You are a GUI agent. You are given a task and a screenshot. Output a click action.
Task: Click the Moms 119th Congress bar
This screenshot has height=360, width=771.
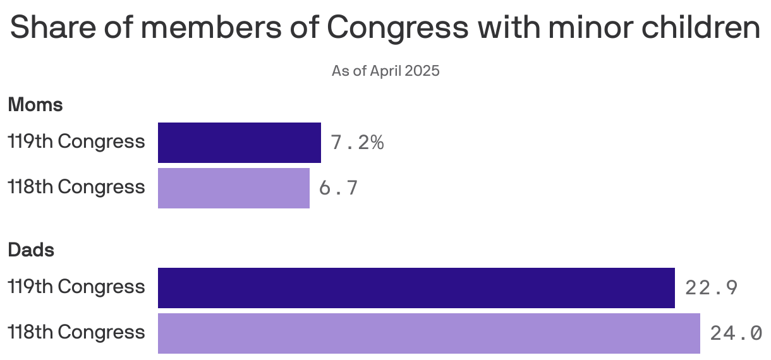point(239,143)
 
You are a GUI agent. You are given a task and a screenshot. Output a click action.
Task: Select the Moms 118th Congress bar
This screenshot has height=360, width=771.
point(233,188)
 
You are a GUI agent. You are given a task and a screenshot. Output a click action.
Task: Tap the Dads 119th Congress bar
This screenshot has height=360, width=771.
point(416,288)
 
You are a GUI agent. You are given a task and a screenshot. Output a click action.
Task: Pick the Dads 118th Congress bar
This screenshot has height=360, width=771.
point(428,333)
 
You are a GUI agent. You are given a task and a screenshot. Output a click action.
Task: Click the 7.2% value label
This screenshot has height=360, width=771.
point(357,143)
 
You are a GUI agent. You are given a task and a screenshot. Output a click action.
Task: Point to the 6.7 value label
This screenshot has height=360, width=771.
point(339,188)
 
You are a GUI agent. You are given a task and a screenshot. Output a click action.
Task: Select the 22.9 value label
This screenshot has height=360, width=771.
point(712,288)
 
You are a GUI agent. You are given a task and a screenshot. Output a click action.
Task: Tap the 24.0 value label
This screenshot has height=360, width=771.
point(736,333)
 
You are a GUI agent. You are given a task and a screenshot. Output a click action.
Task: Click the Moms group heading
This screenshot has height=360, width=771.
point(35,105)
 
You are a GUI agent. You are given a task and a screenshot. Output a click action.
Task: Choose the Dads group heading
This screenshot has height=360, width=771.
point(31,250)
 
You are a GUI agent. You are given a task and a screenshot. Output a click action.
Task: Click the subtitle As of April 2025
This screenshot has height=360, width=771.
point(385,71)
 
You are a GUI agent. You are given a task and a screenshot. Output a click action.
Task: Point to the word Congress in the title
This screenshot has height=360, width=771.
point(398,28)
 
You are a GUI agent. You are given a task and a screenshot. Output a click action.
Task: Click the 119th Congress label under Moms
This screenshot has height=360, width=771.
point(76,142)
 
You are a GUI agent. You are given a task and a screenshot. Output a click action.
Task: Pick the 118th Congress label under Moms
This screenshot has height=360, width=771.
point(76,188)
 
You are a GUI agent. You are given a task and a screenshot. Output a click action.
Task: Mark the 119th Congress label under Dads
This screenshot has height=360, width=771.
point(76,287)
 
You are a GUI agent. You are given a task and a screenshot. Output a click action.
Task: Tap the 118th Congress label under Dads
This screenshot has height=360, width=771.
point(76,333)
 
